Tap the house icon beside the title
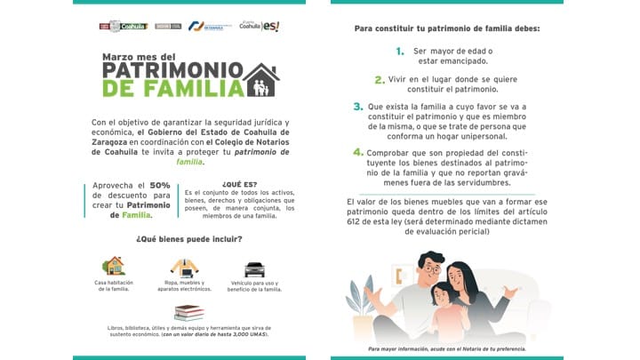point(262,80)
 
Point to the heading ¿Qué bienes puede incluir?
point(177,238)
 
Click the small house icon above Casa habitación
point(114,266)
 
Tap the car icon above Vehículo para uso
point(254,268)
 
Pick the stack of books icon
point(188,312)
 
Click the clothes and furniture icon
point(184,267)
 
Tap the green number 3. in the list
point(357,107)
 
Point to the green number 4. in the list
point(357,152)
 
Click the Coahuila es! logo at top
point(259,27)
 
